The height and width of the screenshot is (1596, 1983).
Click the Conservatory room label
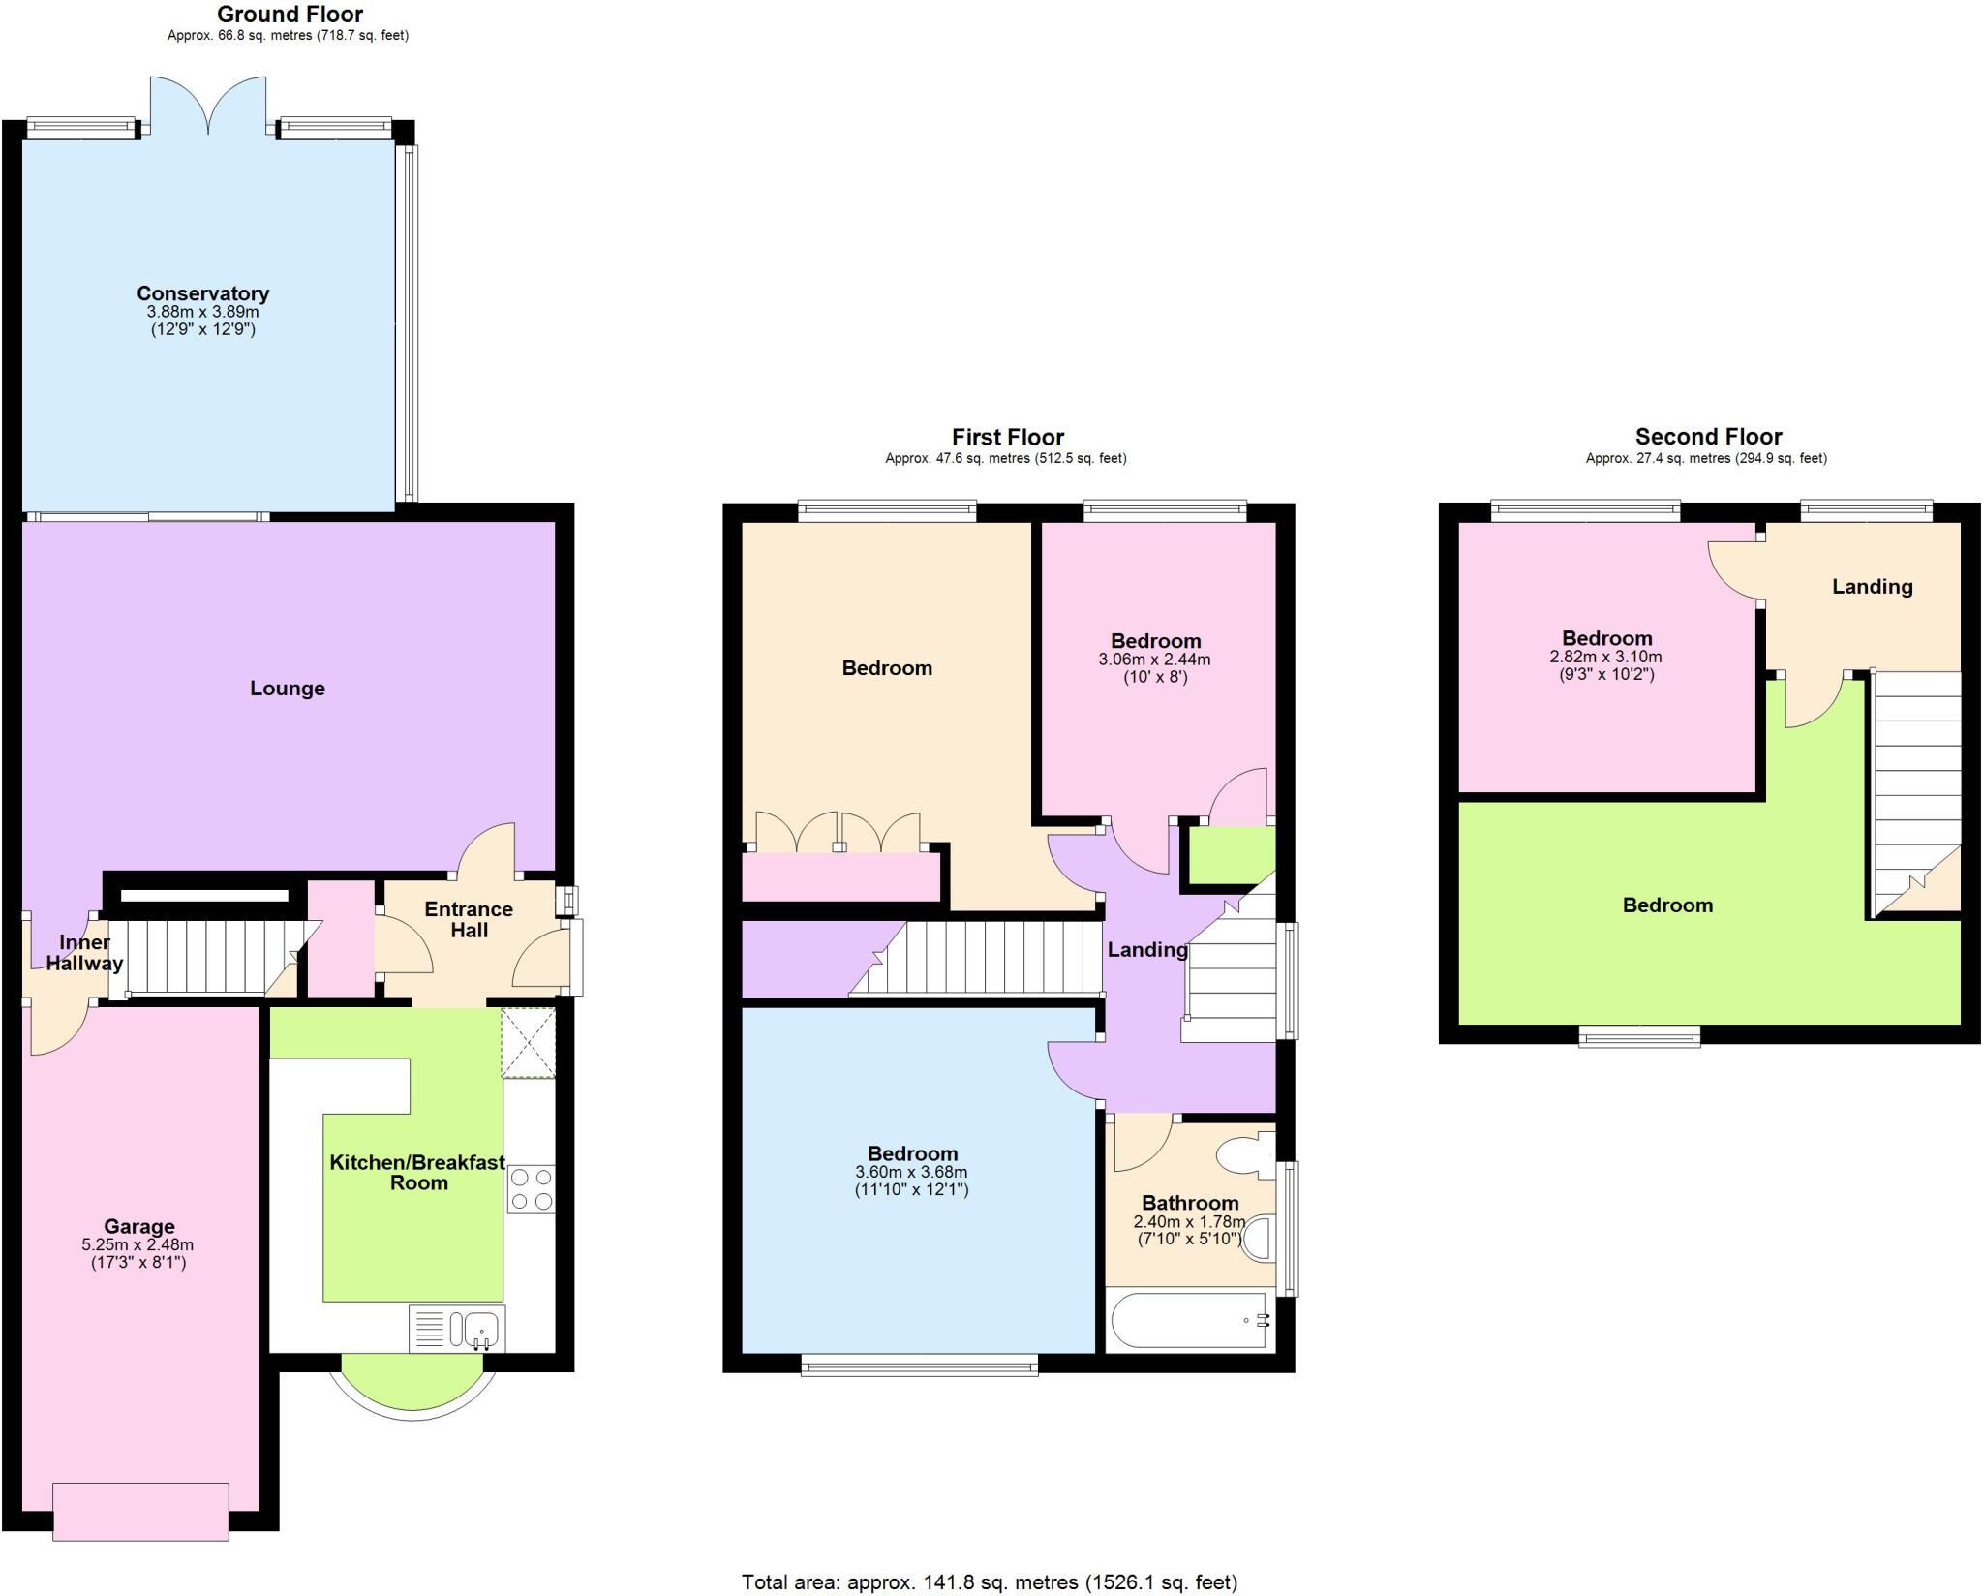(202, 293)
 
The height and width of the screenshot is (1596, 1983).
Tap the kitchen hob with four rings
(531, 1189)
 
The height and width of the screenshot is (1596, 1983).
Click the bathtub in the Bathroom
(1189, 1320)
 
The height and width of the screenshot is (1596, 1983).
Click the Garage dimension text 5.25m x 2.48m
(137, 1244)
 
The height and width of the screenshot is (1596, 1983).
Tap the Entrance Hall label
(469, 919)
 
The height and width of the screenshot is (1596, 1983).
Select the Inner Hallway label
(84, 953)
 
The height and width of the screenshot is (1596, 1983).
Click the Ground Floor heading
(290, 15)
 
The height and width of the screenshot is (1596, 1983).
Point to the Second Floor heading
(1708, 437)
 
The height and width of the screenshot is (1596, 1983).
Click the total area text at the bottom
(989, 1582)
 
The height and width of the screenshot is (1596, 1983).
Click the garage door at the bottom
(140, 1511)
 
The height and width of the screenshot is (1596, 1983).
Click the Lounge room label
(288, 689)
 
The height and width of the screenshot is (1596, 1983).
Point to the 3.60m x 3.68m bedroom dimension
(911, 1172)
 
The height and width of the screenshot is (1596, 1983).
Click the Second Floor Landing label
(1872, 586)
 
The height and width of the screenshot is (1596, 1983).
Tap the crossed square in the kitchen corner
(528, 1042)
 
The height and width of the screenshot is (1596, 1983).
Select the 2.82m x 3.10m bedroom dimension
(1605, 657)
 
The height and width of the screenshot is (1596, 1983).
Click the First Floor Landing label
(1146, 950)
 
